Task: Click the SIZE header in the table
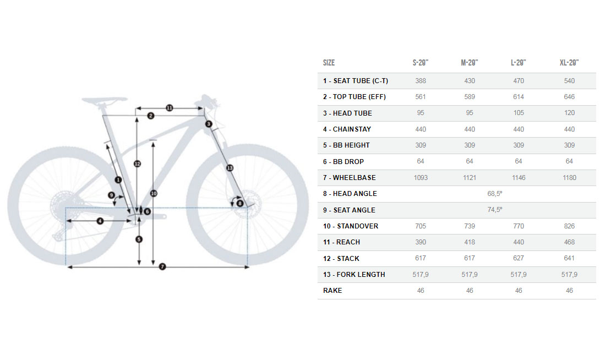pos(329,63)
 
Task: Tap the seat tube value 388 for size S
pos(421,81)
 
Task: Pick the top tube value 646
pos(569,97)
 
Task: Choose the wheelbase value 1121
pos(469,178)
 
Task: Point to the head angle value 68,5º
pos(495,194)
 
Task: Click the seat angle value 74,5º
pos(495,210)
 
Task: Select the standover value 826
pos(569,226)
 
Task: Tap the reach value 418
pos(469,242)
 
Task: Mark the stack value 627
pos(519,258)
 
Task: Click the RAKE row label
pos(332,291)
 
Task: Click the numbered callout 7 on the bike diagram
pos(162,267)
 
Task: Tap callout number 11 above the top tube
pos(170,108)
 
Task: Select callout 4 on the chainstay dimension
pos(100,221)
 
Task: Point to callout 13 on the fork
pos(230,167)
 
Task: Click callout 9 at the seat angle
pos(112,195)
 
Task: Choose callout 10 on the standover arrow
pos(154,193)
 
